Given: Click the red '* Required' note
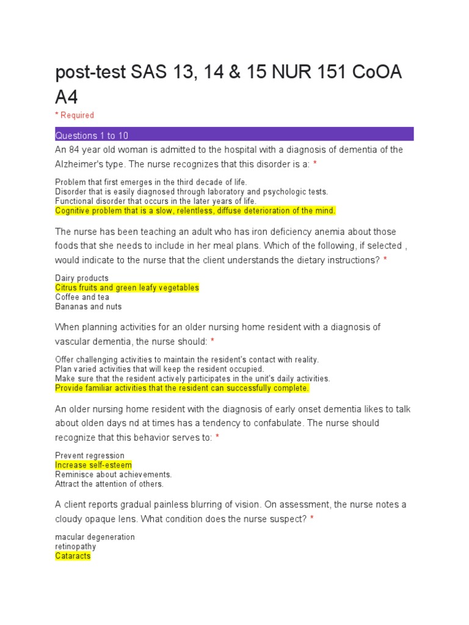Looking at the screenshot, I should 75,115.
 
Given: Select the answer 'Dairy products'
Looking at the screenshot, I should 82,278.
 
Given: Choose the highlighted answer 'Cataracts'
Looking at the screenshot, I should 73,556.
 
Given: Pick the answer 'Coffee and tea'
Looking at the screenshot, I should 82,297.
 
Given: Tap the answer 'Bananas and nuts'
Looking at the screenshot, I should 89,306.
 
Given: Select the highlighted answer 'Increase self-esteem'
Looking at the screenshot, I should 93,465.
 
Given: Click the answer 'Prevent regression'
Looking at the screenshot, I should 90,455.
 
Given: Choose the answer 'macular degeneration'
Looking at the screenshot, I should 95,537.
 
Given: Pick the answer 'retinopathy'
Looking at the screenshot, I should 76,547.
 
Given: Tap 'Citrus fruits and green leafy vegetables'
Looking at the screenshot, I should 127,287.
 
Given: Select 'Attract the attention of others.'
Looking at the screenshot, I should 109,484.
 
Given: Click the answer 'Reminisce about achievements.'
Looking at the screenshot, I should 114,474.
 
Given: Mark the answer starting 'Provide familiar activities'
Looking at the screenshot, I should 182,388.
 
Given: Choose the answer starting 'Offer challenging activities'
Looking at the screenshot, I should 187,359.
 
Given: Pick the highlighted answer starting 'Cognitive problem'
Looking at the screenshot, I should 195,211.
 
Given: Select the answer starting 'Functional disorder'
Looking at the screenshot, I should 156,201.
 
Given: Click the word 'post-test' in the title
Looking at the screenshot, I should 89,73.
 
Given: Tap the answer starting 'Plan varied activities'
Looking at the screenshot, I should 159,369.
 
